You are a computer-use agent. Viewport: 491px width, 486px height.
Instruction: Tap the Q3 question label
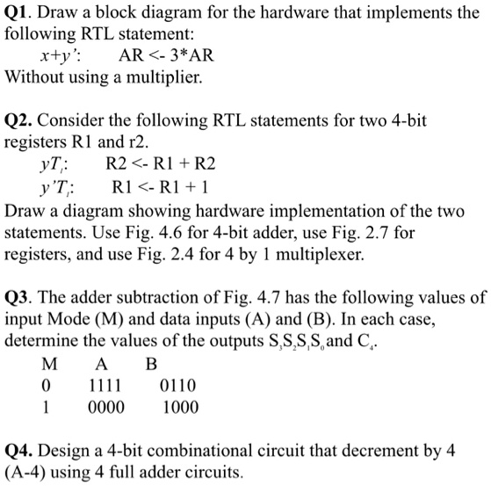click(x=19, y=297)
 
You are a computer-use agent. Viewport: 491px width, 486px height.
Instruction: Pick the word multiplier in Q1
click(x=162, y=77)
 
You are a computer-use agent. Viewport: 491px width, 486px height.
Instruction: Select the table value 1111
click(x=105, y=385)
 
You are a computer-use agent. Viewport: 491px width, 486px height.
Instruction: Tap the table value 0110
click(x=179, y=385)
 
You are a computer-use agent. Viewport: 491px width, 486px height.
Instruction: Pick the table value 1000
click(x=180, y=407)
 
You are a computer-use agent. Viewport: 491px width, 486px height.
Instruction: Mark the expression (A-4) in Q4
click(x=28, y=473)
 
